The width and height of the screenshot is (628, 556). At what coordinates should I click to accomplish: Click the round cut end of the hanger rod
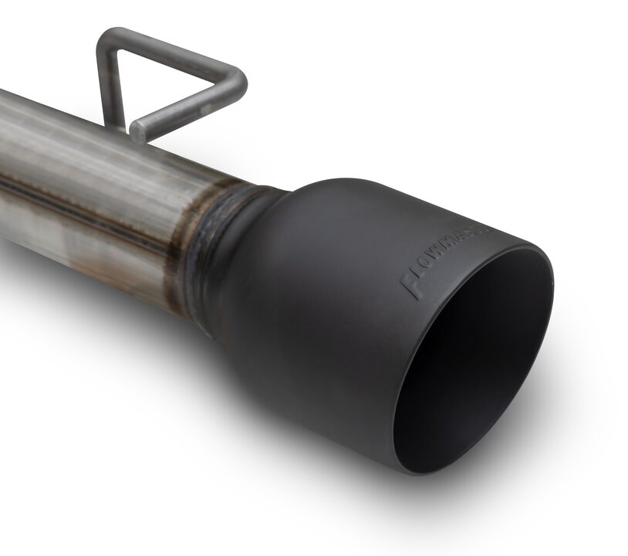point(138,131)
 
